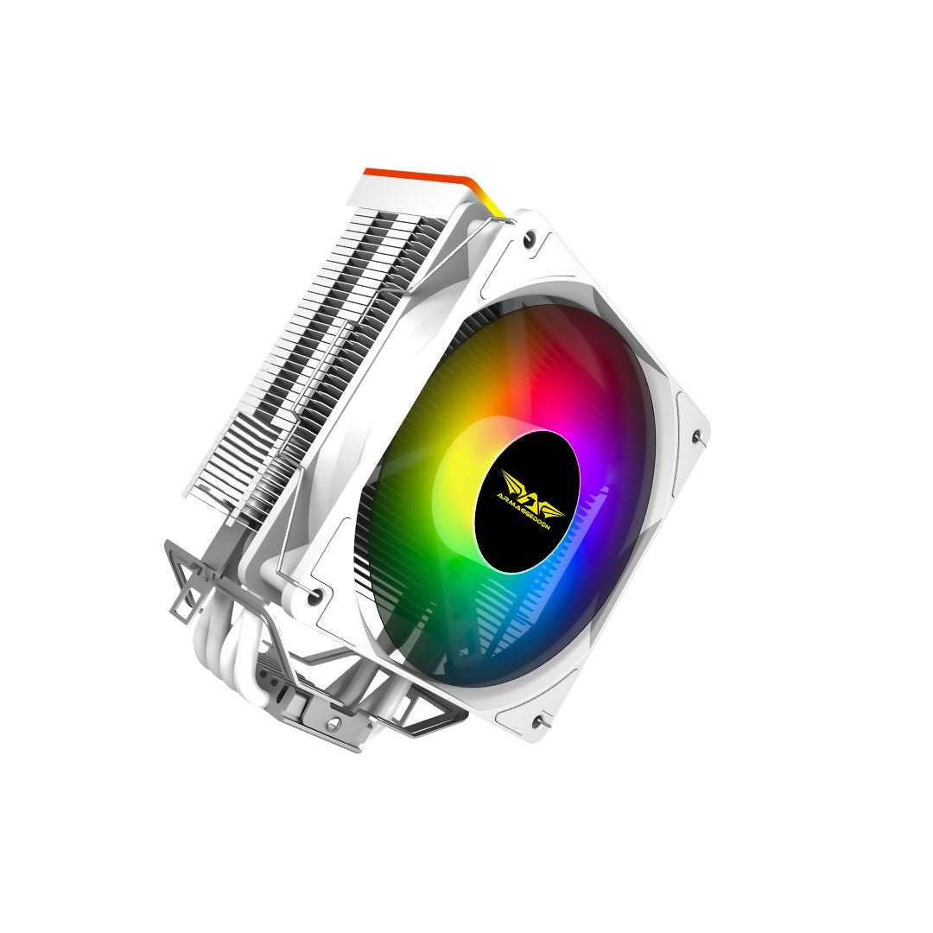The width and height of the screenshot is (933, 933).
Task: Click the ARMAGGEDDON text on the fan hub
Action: pyautogui.click(x=527, y=498)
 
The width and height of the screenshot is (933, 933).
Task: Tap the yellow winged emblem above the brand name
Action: pyautogui.click(x=529, y=478)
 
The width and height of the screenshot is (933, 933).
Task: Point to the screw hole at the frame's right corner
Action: pyautogui.click(x=697, y=436)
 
